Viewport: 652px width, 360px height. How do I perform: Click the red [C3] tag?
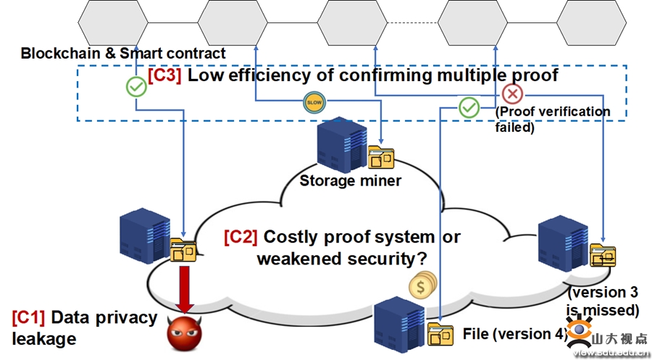(164, 75)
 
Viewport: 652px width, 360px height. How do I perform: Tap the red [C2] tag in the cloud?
(241, 237)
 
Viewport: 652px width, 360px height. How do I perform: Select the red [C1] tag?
(28, 317)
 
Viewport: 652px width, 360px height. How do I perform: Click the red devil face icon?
(183, 333)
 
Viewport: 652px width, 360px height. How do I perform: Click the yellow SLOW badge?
(314, 102)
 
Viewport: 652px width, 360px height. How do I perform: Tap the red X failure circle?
(512, 93)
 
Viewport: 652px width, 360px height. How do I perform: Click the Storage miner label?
(350, 180)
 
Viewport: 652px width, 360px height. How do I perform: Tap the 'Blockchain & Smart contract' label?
(123, 53)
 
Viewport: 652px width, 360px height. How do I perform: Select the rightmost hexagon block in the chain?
(591, 22)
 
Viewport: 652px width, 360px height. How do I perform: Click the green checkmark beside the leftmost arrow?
(135, 88)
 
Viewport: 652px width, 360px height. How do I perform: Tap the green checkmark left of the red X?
(469, 109)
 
